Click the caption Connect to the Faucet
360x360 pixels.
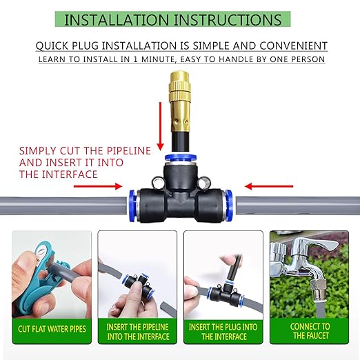click(310, 331)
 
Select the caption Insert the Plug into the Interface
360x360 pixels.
click(223, 331)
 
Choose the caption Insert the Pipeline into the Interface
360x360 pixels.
click(137, 331)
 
